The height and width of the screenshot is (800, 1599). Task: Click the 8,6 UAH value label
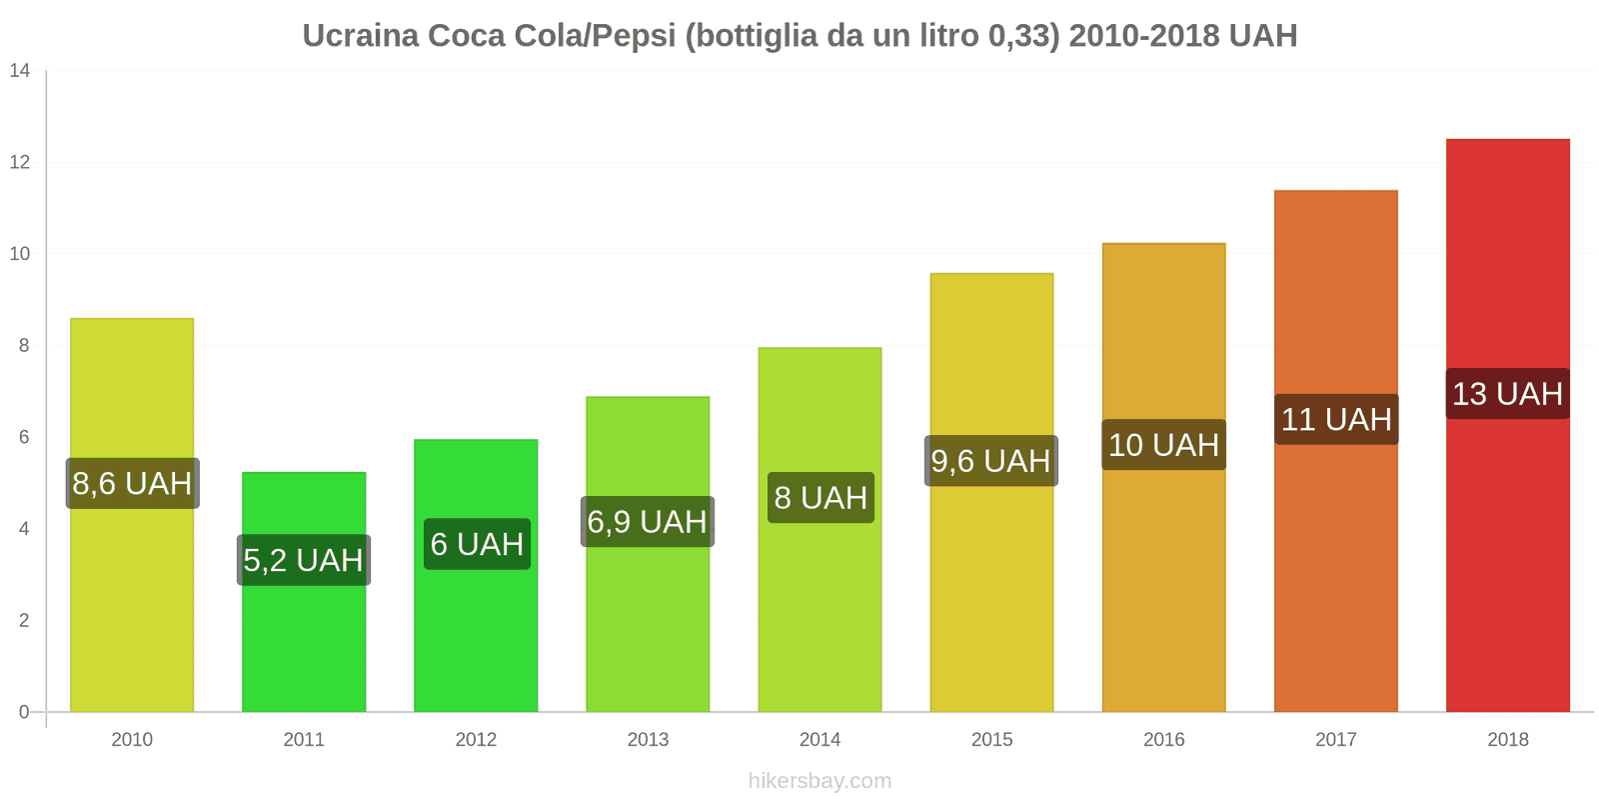click(x=132, y=484)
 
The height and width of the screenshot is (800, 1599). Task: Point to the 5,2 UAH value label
click(x=303, y=560)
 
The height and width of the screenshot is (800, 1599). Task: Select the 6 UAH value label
click(x=477, y=544)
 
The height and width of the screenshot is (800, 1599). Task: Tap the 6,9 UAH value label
click(x=647, y=522)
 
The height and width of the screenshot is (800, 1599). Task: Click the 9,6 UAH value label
click(x=990, y=461)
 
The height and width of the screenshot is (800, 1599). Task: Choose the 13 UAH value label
click(x=1507, y=394)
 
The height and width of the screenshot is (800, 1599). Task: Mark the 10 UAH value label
click(x=1163, y=445)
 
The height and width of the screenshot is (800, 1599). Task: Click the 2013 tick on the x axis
click(x=648, y=740)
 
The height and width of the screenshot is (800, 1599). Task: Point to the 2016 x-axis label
click(x=1163, y=740)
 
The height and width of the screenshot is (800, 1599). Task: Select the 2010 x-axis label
click(x=132, y=740)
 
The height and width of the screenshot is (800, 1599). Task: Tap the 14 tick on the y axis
click(x=20, y=71)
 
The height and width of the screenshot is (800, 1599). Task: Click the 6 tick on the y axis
click(x=24, y=437)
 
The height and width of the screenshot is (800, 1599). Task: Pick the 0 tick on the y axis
click(x=24, y=712)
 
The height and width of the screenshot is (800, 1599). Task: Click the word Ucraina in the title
click(x=360, y=36)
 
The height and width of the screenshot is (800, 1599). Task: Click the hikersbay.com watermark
click(x=819, y=781)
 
